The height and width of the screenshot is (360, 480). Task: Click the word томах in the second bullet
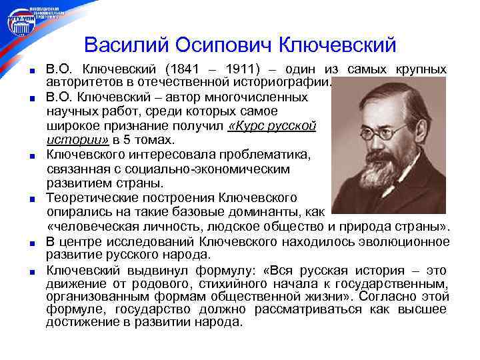click(x=154, y=139)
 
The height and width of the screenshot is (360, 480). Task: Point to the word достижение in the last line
click(x=77, y=322)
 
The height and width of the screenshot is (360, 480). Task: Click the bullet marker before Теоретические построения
click(x=31, y=199)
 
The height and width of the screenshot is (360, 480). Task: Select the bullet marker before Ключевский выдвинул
click(x=31, y=271)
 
